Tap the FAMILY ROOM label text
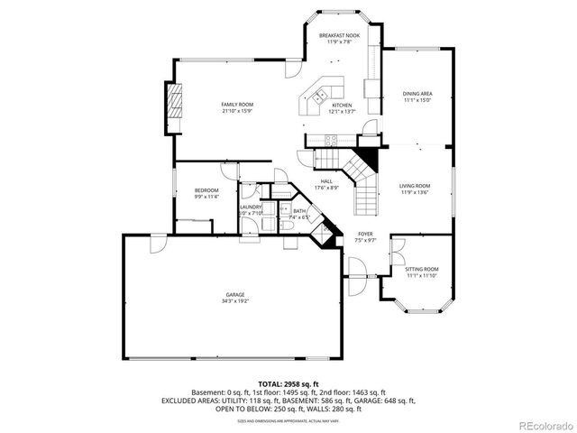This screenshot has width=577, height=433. click(236, 105)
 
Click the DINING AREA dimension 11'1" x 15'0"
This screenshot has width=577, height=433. click(417, 101)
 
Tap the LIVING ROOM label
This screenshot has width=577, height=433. click(415, 185)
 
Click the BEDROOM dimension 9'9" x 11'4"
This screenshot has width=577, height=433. click(206, 196)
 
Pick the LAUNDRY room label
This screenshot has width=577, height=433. click(251, 207)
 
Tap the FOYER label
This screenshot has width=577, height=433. click(365, 234)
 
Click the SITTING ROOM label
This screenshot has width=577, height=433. click(421, 269)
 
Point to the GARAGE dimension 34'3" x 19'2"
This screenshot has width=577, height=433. click(235, 301)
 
